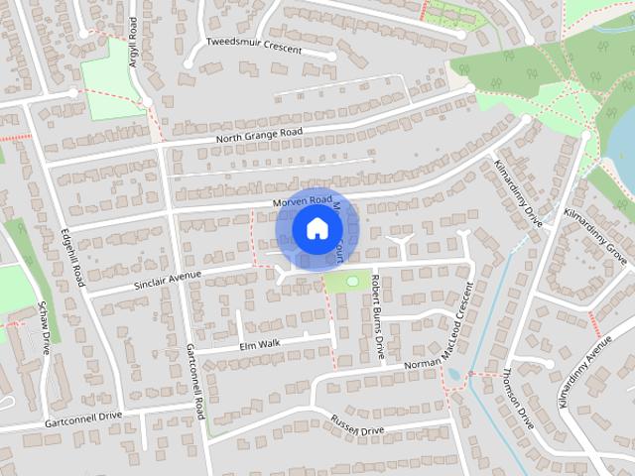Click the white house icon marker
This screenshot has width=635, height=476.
tap(317, 228)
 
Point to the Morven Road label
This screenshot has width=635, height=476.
tap(302, 201)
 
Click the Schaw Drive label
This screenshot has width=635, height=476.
tap(44, 328)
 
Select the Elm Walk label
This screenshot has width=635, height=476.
tap(260, 343)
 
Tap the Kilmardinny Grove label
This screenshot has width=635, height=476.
tap(595, 229)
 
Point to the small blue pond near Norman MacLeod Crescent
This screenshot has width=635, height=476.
tap(453, 375)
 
